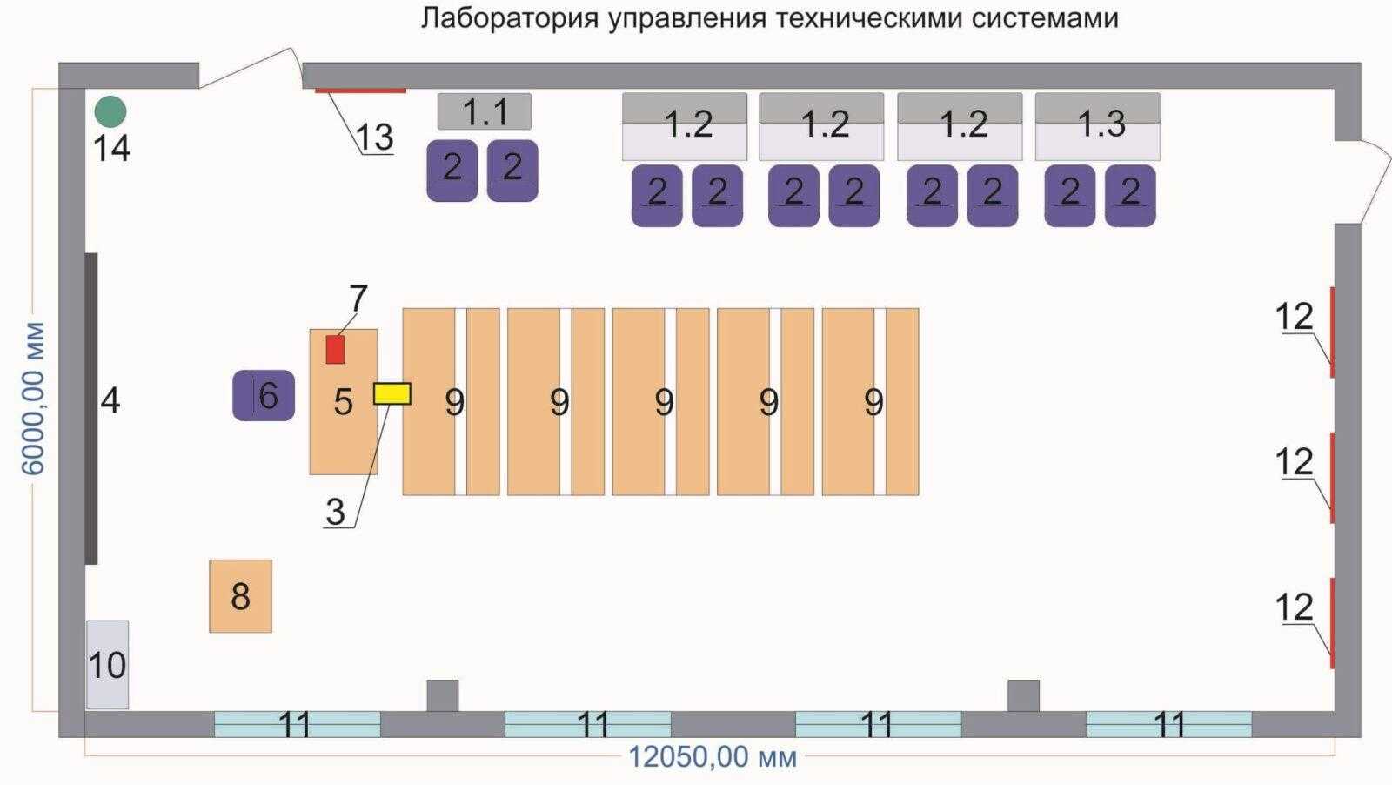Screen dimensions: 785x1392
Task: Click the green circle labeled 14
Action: coord(110,111)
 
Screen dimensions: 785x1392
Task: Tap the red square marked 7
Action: coord(335,349)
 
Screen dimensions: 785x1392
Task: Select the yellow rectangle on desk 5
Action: coord(391,393)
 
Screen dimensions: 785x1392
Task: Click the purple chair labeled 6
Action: coord(264,396)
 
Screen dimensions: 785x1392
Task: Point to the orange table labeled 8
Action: coord(240,596)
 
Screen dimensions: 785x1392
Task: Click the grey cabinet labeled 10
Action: coord(107,664)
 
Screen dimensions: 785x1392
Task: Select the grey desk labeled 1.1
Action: coord(484,111)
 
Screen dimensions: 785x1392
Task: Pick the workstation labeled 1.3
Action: coord(1098,126)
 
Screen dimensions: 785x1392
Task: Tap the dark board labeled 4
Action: coord(91,408)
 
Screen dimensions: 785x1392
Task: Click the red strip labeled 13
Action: coord(360,90)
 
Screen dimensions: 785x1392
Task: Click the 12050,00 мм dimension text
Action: coord(713,757)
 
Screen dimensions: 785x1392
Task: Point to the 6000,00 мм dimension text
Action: coord(34,399)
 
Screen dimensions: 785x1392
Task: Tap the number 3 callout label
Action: coord(335,513)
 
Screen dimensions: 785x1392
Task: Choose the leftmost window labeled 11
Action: coord(298,724)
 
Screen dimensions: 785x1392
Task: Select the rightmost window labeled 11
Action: coord(1168,724)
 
